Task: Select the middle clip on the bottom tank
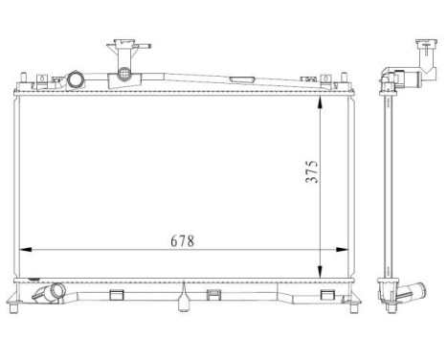[212, 295]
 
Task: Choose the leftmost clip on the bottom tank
[117, 295]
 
